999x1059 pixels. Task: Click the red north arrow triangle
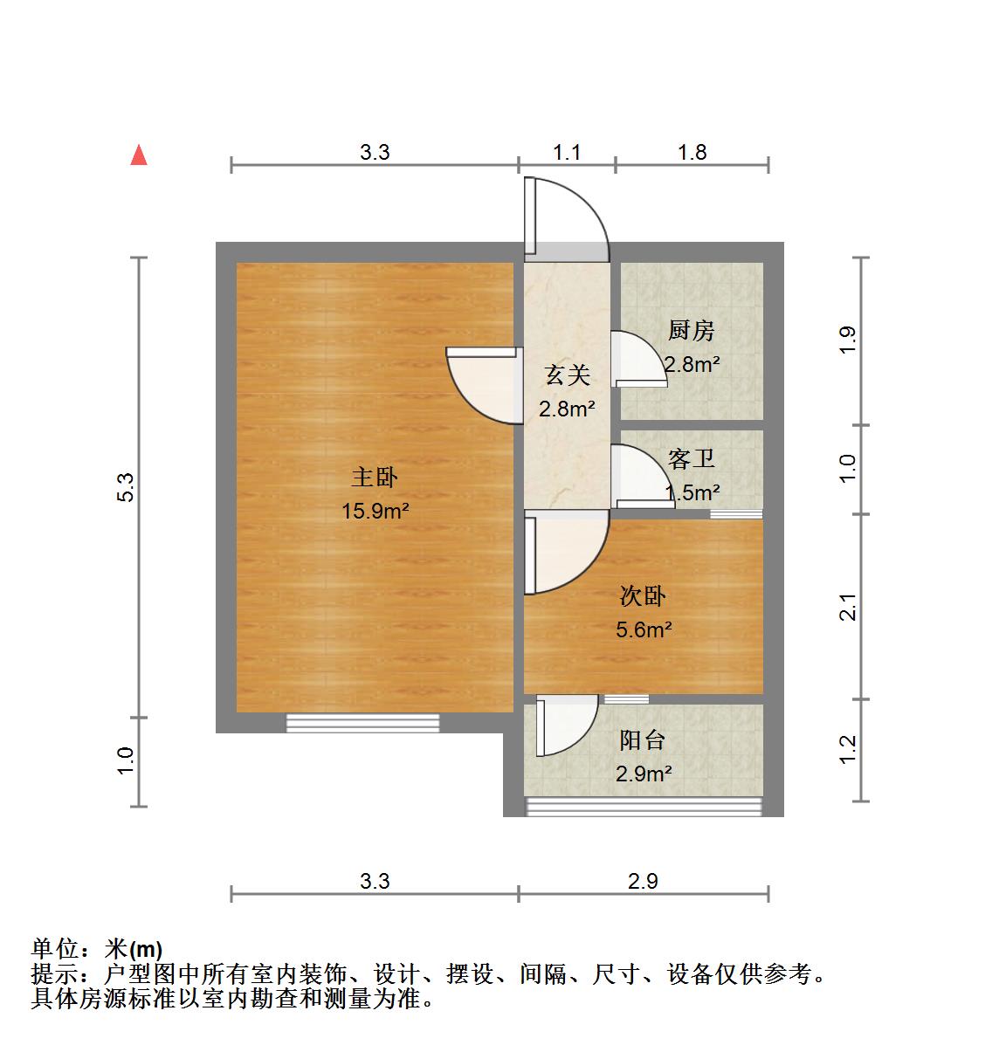click(138, 155)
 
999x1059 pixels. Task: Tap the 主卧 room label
click(375, 477)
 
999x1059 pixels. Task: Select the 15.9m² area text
click(375, 511)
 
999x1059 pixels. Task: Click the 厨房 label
click(691, 330)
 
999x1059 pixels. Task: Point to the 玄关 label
click(567, 375)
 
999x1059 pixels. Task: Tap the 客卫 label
click(691, 458)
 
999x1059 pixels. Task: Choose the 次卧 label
click(643, 595)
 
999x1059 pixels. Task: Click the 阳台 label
click(643, 740)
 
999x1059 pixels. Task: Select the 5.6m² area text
click(644, 629)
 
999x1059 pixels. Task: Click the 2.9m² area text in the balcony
click(644, 774)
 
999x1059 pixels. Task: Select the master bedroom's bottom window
click(362, 722)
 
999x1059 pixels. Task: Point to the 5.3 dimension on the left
click(126, 486)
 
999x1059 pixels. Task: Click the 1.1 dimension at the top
click(567, 152)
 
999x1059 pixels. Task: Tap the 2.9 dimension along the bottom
click(643, 881)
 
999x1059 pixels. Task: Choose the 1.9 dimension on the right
click(847, 340)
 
